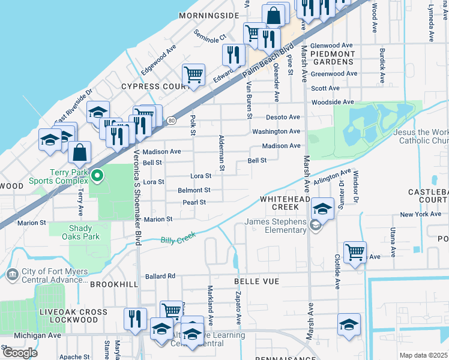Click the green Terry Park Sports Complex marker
coord(100,176)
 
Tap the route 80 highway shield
coord(172,120)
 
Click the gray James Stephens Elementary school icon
coord(314,226)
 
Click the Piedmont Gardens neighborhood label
coord(333,58)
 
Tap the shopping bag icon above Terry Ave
coord(79,153)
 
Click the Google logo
coord(19,353)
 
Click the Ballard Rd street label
coord(160,277)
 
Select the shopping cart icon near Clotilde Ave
coord(355,252)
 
